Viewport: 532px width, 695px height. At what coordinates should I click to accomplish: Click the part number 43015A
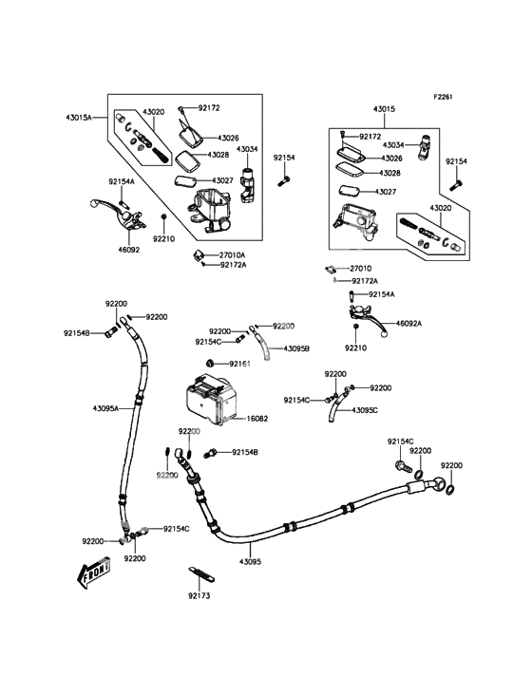pos(80,117)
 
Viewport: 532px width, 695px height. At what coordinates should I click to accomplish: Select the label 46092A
pos(408,323)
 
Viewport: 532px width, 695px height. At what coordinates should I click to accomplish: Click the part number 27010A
pos(233,254)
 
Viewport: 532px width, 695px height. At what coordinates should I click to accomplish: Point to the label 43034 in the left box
pos(248,149)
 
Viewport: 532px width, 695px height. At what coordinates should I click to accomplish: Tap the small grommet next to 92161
pos(210,364)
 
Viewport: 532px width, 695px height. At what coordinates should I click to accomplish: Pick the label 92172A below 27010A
pos(233,265)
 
